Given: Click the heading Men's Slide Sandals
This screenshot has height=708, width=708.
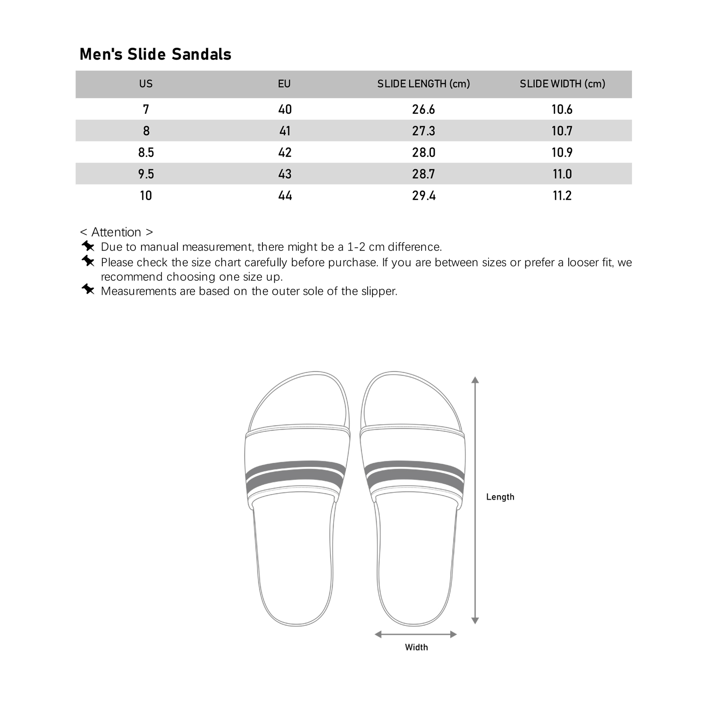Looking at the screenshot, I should [x=155, y=54].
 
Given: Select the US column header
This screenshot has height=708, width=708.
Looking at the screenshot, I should [x=146, y=84].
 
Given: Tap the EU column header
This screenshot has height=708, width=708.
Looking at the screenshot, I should [x=284, y=84].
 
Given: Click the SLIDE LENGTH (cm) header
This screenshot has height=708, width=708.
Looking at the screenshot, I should [x=423, y=84].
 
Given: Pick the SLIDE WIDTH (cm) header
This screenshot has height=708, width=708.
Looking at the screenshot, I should [x=562, y=84].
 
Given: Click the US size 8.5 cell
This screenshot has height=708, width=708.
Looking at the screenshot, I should [x=146, y=152].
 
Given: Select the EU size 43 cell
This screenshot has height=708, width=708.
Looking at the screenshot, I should [x=285, y=174].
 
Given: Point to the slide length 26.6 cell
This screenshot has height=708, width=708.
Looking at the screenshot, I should [x=423, y=110].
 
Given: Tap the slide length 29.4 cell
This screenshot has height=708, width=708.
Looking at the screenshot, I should [x=423, y=196].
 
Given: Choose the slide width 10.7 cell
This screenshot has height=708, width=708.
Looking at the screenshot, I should [x=562, y=131].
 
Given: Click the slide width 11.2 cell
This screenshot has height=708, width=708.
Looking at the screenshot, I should [x=562, y=196].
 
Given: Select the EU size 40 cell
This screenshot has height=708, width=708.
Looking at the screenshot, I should [x=285, y=110].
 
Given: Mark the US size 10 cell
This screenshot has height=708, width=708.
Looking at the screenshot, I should [x=146, y=196].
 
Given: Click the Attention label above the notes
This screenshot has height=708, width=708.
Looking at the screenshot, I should [x=116, y=232].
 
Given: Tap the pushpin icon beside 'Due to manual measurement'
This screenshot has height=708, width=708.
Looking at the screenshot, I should [x=88, y=246].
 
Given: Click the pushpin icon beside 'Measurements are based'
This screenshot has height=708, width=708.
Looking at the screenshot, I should [x=88, y=289].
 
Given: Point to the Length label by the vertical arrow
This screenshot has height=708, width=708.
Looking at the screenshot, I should [x=500, y=497].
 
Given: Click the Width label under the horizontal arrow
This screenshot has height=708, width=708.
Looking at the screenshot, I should [x=416, y=648].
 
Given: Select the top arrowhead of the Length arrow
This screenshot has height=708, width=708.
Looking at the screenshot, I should [x=475, y=380].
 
